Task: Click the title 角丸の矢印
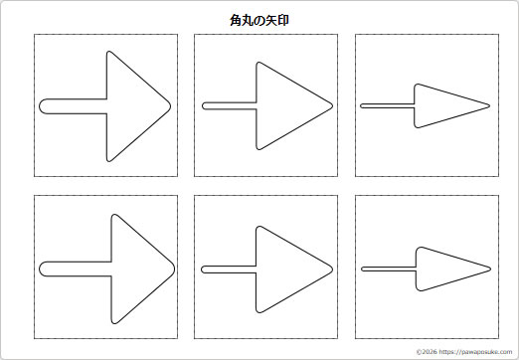259,19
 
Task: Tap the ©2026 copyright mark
426,351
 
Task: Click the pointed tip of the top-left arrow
170,105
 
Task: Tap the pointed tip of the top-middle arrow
331,105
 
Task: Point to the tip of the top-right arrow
490,105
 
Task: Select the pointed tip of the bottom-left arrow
174,269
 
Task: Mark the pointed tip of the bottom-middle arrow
332,269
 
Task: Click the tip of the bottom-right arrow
491,269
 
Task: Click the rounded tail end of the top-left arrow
41,105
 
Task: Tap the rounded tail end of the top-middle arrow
203,105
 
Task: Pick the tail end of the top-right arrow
362,105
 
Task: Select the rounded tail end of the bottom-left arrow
41,269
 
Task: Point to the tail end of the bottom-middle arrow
203,269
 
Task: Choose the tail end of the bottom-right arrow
362,269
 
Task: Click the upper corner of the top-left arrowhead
109,53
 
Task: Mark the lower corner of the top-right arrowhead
418,126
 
